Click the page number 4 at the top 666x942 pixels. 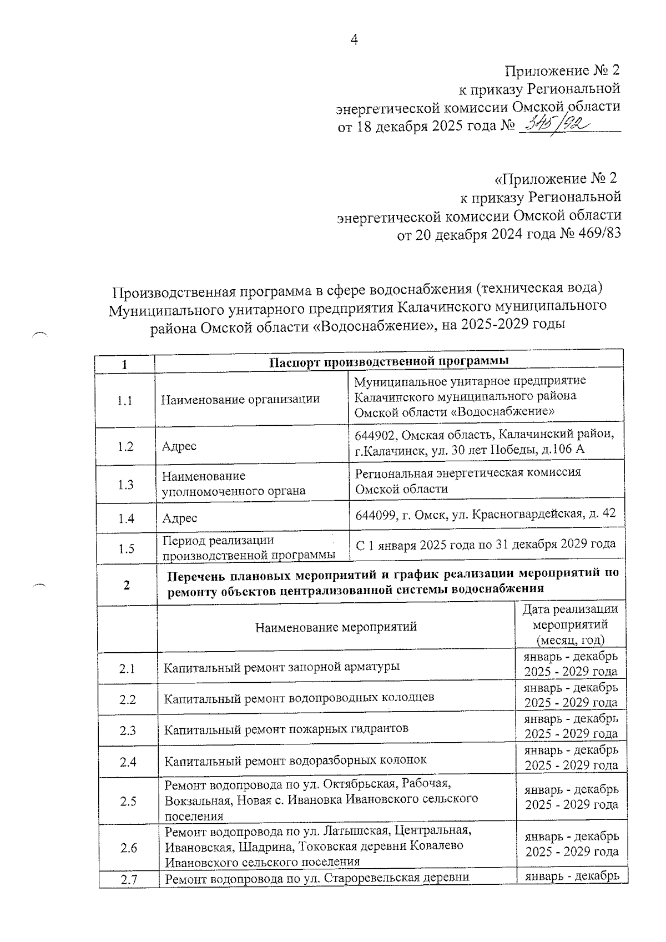[x=354, y=39]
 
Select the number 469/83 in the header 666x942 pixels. [x=598, y=235]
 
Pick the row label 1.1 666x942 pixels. [x=125, y=401]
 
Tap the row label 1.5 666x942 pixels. [x=127, y=549]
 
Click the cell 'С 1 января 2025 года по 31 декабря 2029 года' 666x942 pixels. [x=485, y=544]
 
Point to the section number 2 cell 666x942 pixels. [x=127, y=585]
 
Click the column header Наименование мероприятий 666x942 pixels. [x=336, y=627]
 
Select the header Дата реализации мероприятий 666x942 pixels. [x=570, y=624]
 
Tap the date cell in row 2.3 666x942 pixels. [x=571, y=726]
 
